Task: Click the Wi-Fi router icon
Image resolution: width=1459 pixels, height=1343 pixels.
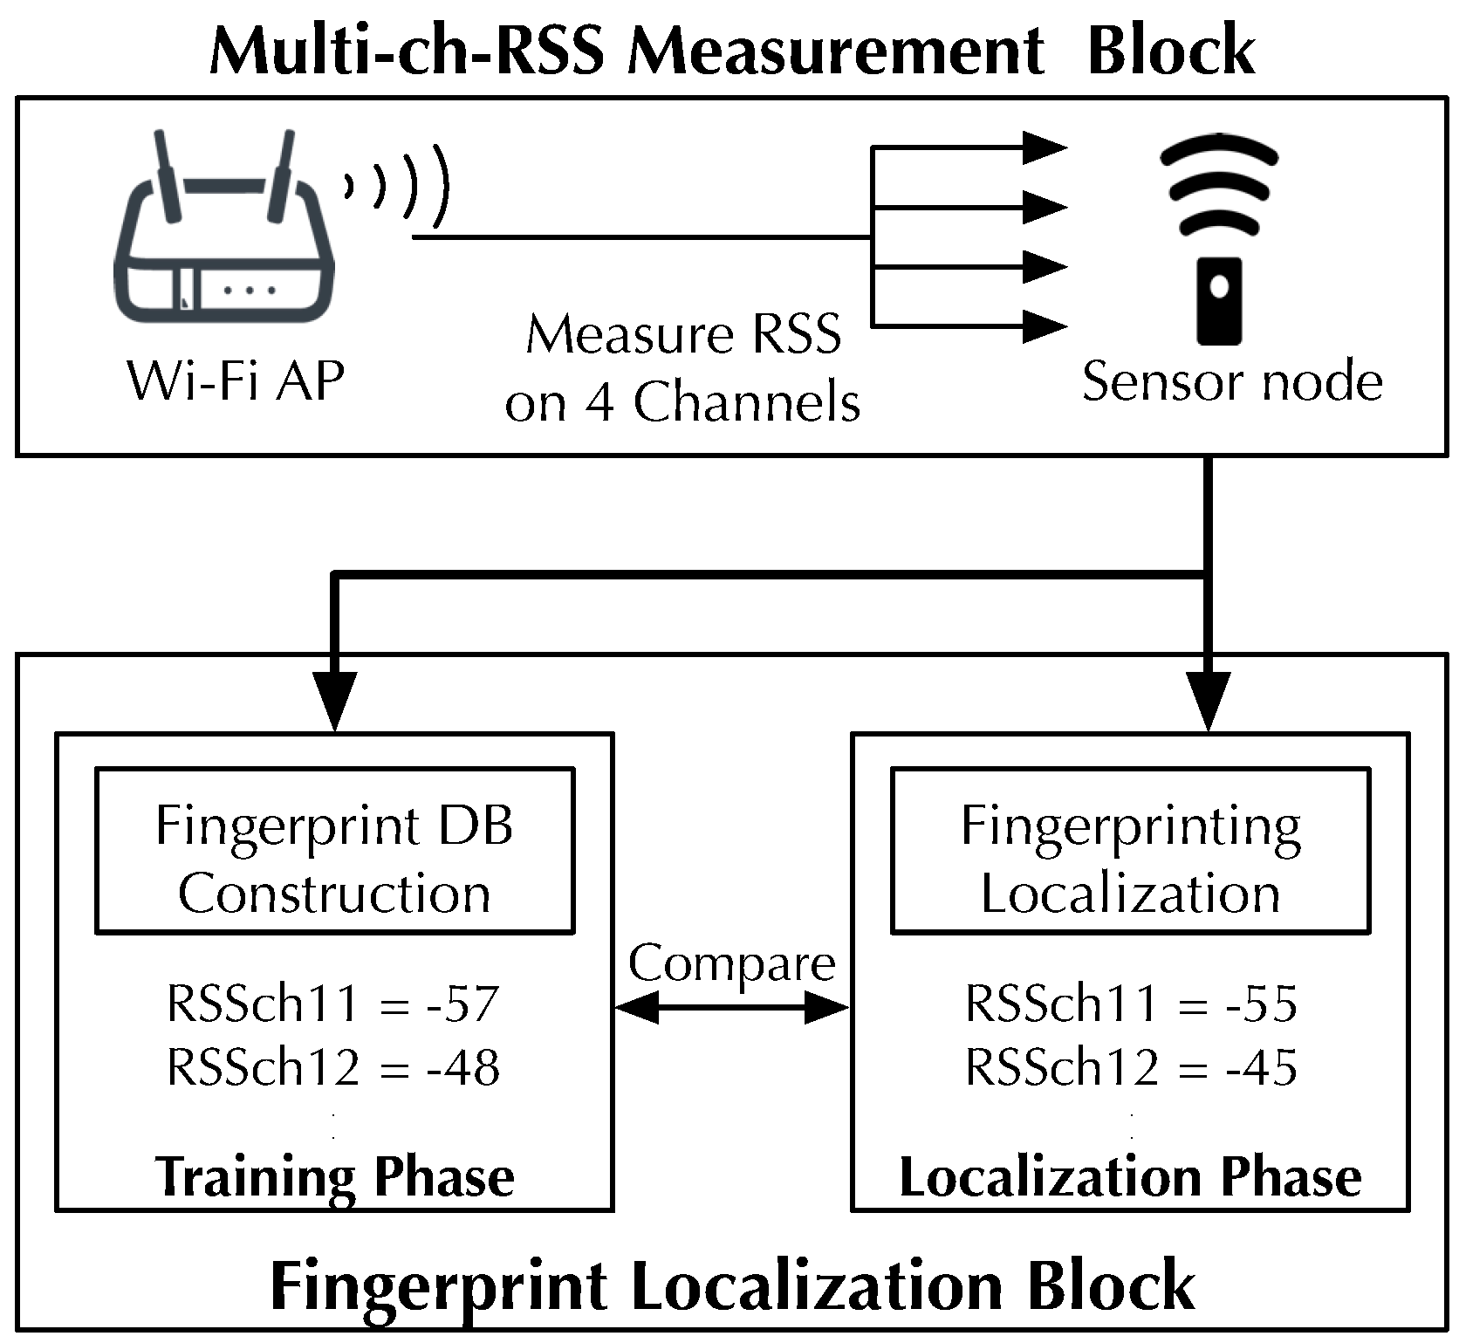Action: (225, 236)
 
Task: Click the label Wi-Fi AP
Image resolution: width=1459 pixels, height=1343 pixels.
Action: (236, 381)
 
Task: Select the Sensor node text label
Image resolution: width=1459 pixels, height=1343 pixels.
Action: (1231, 381)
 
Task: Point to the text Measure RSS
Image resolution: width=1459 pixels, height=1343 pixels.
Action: (683, 334)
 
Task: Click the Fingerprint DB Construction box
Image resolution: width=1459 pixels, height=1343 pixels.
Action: (334, 851)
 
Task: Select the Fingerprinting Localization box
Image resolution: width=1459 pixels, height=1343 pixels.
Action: (1130, 851)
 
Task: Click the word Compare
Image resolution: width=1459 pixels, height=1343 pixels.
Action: (731, 963)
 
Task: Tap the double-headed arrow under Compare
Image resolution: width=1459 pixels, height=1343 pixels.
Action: (731, 1009)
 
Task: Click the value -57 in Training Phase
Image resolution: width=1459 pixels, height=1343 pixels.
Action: (462, 1004)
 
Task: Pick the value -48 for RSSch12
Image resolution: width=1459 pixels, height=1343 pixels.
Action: (462, 1066)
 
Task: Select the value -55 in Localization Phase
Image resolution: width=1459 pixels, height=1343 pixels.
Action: (1261, 1004)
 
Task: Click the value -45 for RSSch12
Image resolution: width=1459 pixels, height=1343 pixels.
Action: (1261, 1066)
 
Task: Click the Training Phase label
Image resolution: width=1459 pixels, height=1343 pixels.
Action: (334, 1176)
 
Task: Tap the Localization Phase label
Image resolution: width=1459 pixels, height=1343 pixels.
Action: (1130, 1176)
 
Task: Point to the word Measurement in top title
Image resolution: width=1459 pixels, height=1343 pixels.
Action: (835, 51)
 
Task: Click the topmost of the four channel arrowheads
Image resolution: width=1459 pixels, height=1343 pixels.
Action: (1044, 147)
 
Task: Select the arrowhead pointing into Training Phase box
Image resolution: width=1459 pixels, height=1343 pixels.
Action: (334, 701)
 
